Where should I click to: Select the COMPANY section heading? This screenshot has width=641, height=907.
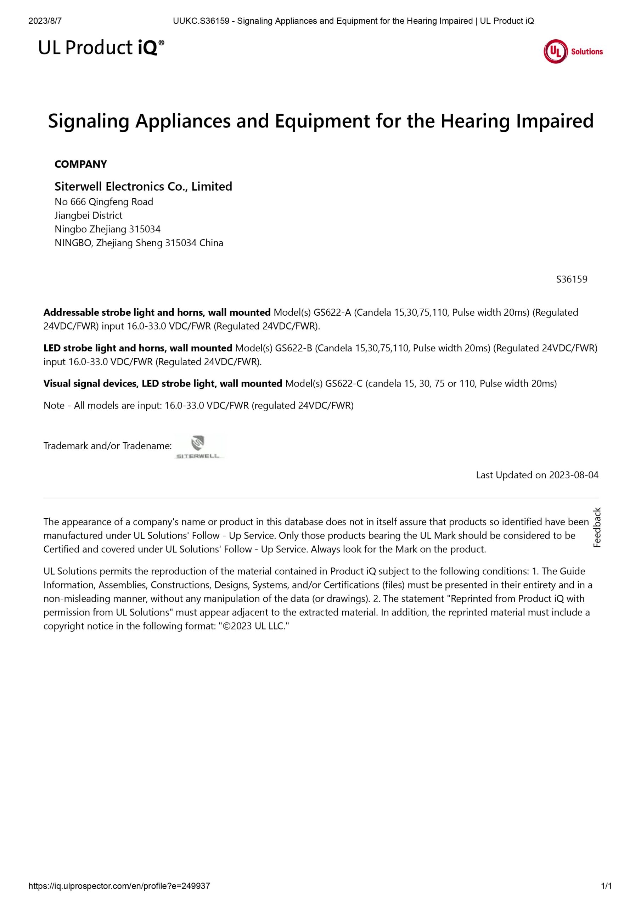point(81,164)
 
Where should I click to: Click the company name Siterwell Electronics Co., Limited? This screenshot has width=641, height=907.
point(143,186)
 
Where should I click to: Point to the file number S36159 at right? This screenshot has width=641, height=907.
point(572,279)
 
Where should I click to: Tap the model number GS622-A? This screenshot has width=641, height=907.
point(332,312)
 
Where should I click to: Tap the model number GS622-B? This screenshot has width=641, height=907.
point(294,348)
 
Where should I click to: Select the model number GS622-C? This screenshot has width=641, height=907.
point(343,383)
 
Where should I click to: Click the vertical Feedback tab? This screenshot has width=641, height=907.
point(597,528)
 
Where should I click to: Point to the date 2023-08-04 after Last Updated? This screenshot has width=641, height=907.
point(574,475)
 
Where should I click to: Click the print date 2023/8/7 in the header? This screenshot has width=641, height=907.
point(45,21)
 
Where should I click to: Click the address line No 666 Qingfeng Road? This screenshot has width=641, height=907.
point(103,202)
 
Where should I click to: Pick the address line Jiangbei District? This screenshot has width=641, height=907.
point(89,215)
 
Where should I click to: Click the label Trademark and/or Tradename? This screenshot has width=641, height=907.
point(107,446)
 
